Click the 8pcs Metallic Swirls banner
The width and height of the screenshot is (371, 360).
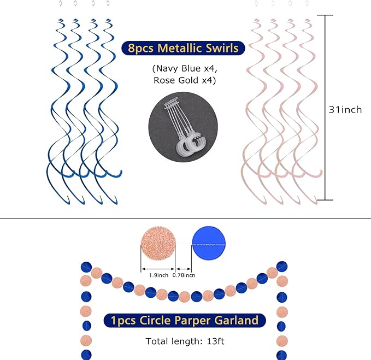point(183,48)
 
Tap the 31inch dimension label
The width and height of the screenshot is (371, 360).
point(345,110)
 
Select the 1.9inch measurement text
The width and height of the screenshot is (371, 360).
point(158,275)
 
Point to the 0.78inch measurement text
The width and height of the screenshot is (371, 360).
point(184,275)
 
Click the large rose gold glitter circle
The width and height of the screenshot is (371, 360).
point(158,244)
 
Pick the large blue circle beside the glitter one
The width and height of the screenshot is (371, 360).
point(209,244)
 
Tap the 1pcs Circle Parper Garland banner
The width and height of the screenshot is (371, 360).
point(185,321)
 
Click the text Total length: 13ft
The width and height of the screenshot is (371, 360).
point(185,341)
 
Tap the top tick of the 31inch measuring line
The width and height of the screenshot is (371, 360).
point(325,15)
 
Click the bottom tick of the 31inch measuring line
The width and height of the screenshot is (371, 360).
point(325,200)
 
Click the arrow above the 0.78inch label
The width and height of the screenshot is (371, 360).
point(184,269)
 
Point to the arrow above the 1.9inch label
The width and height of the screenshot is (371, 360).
point(158,269)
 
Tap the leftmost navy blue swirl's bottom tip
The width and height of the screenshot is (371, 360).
point(69,204)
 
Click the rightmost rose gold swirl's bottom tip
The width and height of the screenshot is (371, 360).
point(316,204)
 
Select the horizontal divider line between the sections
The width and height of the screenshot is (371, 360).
point(186,218)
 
